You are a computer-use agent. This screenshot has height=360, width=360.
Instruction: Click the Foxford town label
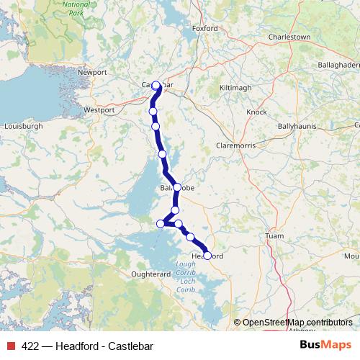205,29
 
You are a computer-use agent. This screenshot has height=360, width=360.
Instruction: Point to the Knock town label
256,112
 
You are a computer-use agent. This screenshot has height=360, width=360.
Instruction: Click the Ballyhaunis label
297,125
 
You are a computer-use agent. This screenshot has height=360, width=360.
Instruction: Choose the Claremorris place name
235,145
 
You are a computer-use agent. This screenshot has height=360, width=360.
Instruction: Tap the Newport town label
93,72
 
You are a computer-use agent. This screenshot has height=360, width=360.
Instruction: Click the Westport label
99,110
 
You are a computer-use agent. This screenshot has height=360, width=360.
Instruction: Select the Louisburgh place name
24,125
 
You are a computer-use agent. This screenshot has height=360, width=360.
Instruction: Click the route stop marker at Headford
207,256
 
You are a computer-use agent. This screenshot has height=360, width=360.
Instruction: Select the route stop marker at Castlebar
156,85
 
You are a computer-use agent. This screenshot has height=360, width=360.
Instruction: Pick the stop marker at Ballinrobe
177,187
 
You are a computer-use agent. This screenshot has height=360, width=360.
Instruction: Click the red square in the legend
10,346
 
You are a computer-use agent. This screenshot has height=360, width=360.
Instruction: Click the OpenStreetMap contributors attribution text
297,323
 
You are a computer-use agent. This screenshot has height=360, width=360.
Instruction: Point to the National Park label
76,8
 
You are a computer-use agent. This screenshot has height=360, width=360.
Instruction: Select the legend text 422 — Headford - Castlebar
87,346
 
